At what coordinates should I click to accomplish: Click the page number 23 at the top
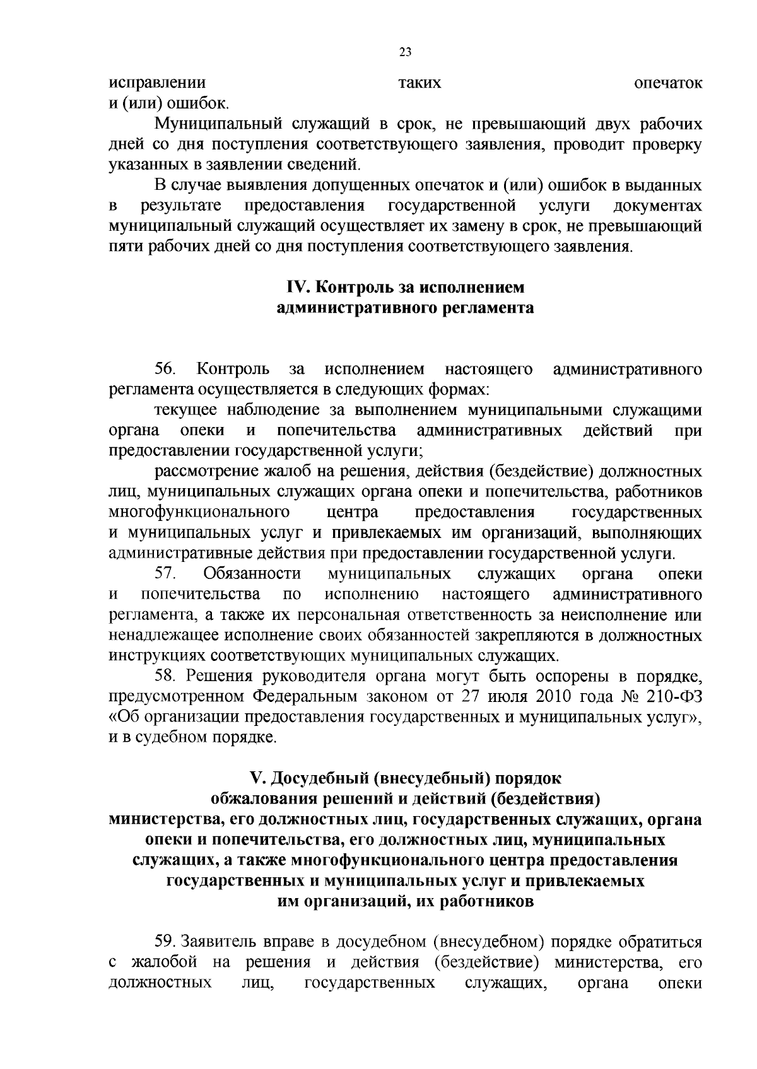405,52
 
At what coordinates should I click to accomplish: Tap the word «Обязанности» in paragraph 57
252,574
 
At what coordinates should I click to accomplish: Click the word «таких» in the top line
420,83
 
